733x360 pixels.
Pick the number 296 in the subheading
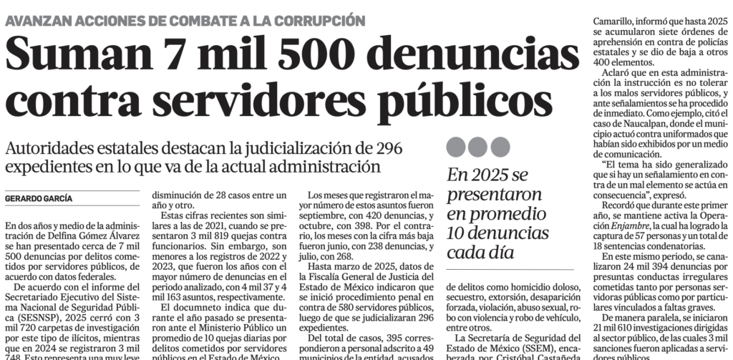pyautogui.click(x=387, y=149)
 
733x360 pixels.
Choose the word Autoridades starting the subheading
pyautogui.click(x=48, y=149)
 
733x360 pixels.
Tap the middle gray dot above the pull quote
pyautogui.click(x=477, y=147)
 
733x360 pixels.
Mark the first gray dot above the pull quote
pyautogui.click(x=457, y=147)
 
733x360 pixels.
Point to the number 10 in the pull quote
pyautogui.click(x=459, y=233)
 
